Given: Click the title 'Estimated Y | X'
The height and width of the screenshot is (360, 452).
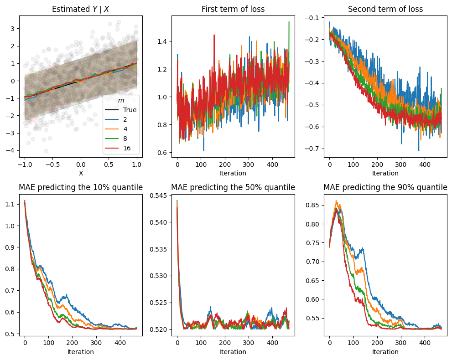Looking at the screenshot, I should pos(80,9).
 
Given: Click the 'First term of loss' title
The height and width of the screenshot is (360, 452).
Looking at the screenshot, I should pos(233,9).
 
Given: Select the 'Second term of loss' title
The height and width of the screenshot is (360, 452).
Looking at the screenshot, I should pos(385,9).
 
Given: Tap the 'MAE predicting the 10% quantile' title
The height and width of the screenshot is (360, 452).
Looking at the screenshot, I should pos(80,187).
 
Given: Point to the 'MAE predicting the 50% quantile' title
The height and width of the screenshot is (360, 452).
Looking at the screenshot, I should pos(233,187).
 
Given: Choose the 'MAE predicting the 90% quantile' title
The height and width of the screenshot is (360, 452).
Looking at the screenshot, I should pos(385,187).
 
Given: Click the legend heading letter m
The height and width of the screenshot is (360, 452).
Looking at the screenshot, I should pos(121,100).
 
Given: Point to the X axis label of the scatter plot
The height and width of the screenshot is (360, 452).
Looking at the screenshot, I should pos(81,173).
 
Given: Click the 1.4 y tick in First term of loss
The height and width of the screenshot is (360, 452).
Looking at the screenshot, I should pos(162,41).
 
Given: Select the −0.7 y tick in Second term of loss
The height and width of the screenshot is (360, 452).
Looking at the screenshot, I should pos(312,149).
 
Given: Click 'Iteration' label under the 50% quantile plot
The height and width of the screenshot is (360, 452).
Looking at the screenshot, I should pos(233,352).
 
